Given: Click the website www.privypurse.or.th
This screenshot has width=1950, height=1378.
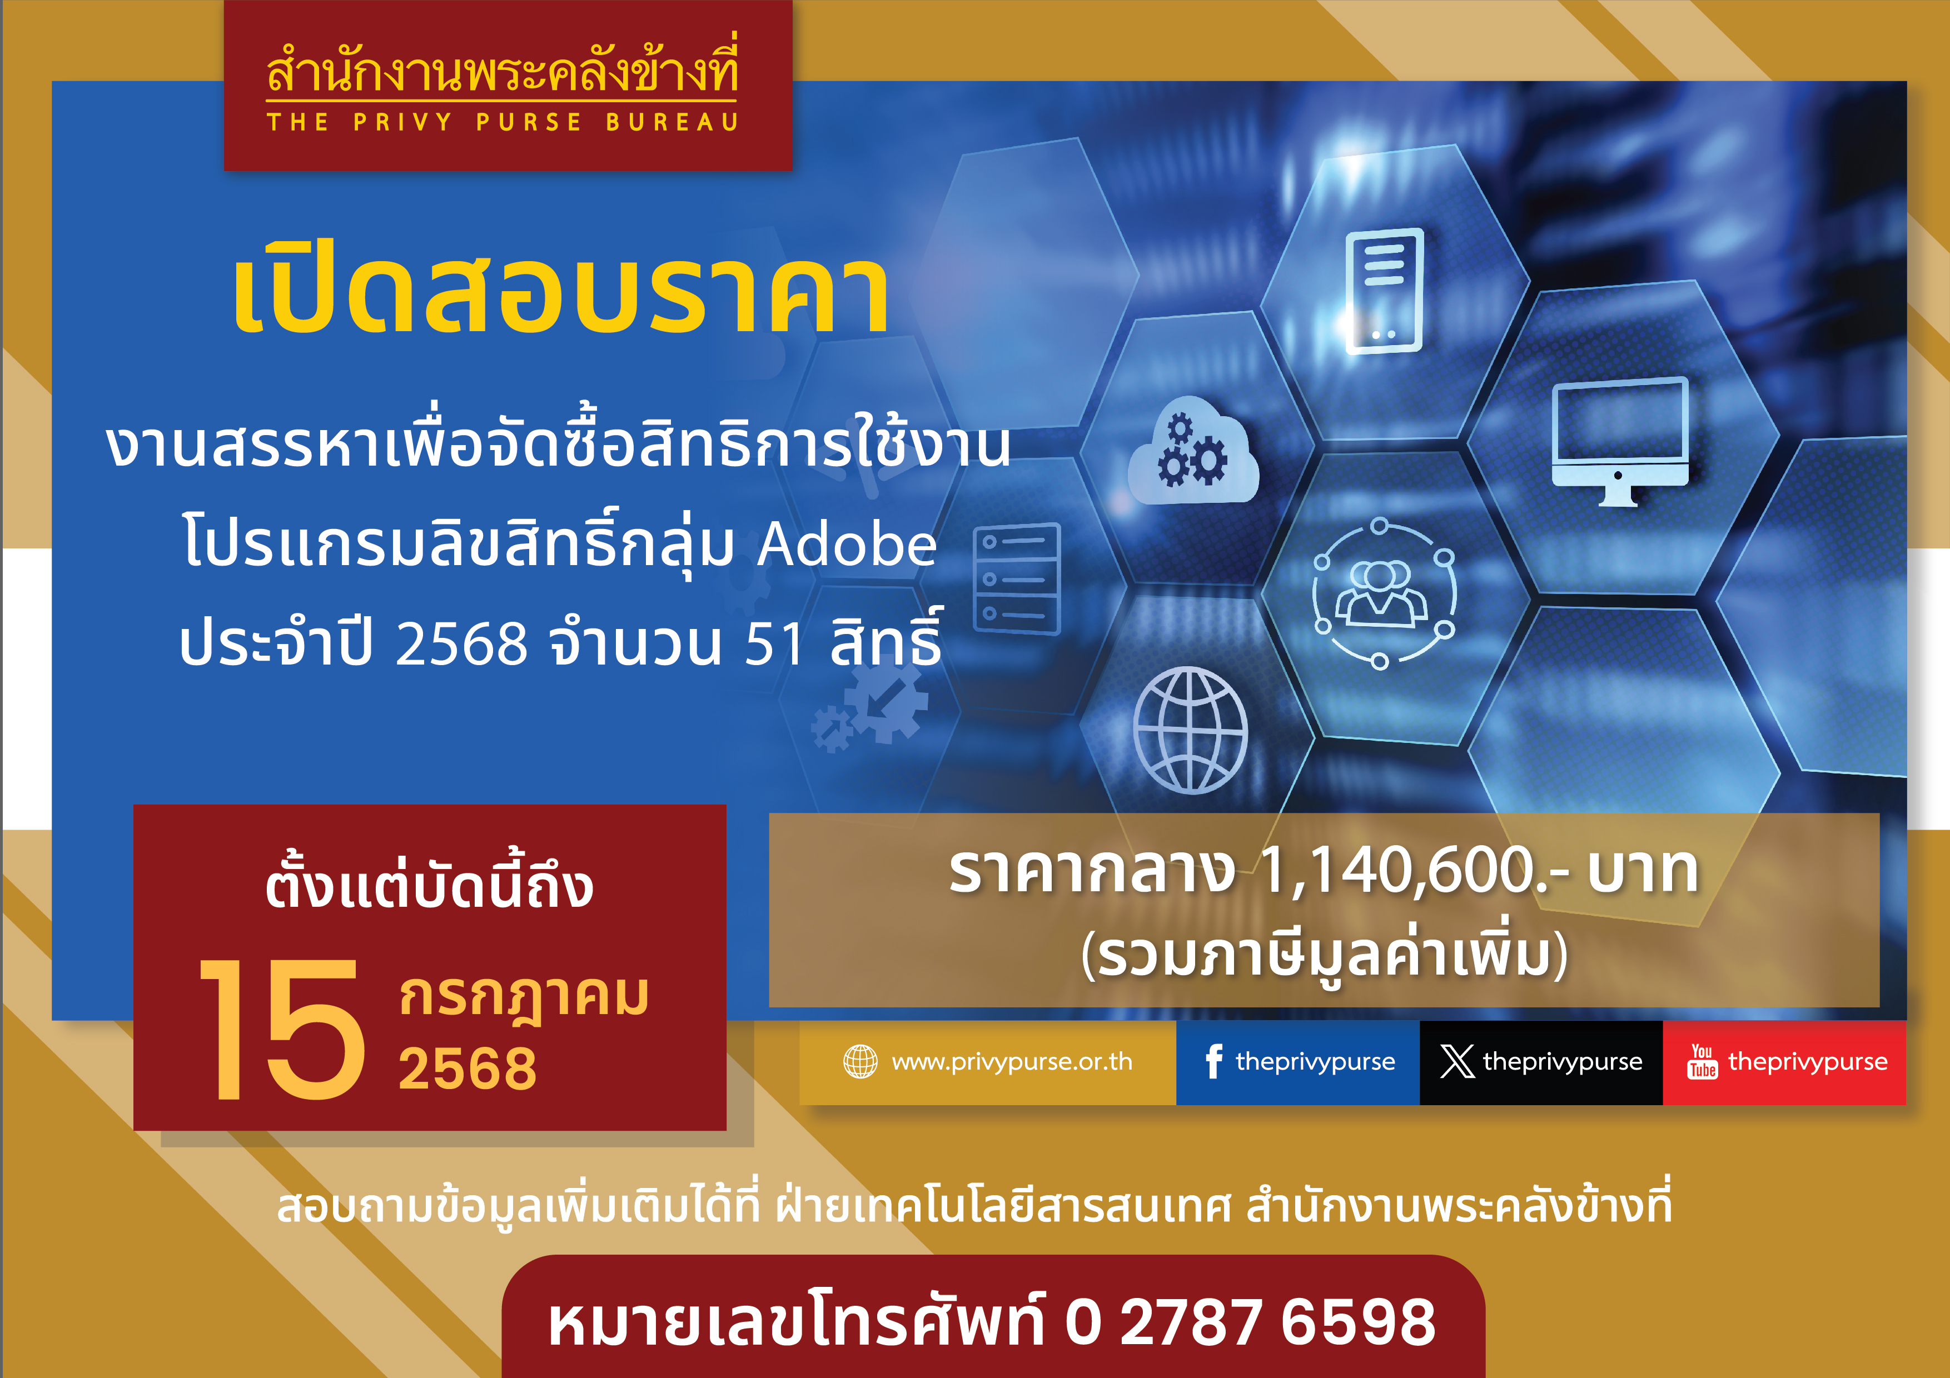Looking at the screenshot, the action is (x=1012, y=1061).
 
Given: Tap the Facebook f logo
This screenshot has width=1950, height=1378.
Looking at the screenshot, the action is (x=1213, y=1061).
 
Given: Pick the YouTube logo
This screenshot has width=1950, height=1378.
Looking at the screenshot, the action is (x=1702, y=1061).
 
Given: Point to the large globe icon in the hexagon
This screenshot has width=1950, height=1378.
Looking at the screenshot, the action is (x=1191, y=730).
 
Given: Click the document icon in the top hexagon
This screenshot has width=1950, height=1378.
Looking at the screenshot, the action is (x=1384, y=291).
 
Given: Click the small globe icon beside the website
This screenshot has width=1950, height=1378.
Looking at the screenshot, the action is (x=860, y=1061).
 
